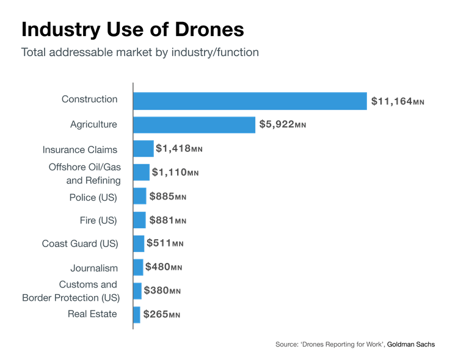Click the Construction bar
(250, 101)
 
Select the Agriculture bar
(194, 125)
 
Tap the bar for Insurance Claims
(143, 149)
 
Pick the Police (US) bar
(140, 196)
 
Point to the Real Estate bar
(137, 314)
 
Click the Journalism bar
(139, 267)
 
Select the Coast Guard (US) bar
(139, 243)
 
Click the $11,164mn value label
(397, 101)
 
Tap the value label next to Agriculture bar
(282, 125)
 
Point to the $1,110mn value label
(175, 173)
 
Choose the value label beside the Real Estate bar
(161, 315)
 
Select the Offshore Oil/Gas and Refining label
(84, 173)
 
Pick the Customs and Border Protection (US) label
(79, 290)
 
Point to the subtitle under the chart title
(140, 52)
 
